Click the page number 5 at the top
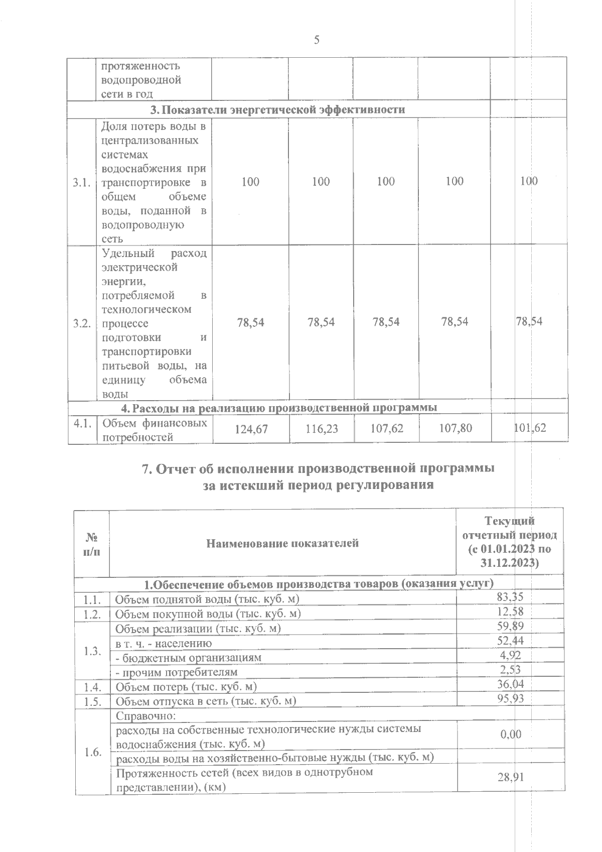tap(317, 40)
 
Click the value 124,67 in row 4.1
tap(251, 429)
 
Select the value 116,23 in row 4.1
tap(321, 429)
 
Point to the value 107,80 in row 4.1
tap(455, 428)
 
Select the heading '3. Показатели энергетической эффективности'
tap(278, 110)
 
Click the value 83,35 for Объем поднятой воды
tap(510, 597)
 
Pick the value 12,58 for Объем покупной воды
tap(510, 612)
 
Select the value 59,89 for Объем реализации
tap(510, 626)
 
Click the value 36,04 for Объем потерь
tap(510, 684)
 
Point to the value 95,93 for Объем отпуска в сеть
tap(510, 698)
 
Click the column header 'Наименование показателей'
tap(282, 543)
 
